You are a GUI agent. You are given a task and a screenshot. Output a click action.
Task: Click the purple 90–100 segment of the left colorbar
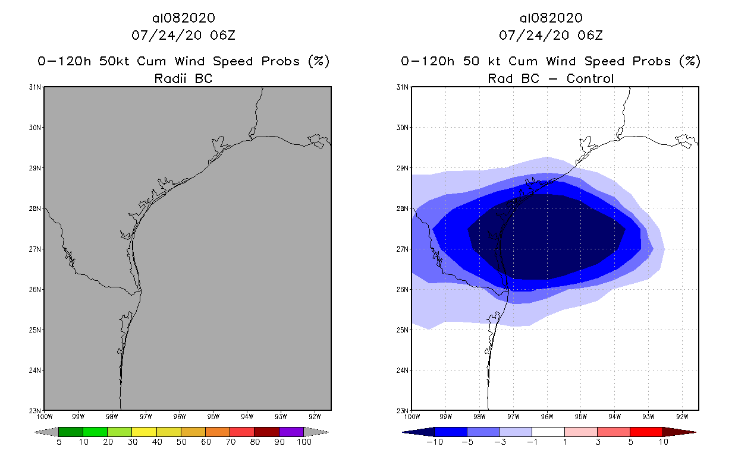(291, 432)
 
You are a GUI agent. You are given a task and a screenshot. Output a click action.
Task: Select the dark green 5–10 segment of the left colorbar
(71, 432)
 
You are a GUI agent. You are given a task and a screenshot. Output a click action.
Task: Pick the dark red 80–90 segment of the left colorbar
(267, 432)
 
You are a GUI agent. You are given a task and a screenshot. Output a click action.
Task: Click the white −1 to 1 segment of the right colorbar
(548, 432)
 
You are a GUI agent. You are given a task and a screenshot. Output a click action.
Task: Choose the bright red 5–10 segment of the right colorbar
(646, 432)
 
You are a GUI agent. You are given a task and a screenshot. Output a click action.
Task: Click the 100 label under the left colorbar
(304, 442)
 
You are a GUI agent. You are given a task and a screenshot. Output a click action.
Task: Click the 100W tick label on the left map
(45, 416)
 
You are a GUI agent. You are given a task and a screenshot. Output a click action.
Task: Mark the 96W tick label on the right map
(548, 416)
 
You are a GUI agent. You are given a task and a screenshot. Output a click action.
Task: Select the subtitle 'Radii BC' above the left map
(183, 78)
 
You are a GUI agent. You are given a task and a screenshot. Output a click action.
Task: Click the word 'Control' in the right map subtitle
(590, 78)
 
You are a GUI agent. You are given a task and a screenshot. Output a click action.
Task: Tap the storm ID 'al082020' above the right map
(551, 18)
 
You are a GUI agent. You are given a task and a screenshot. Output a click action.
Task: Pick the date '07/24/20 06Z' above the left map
(183, 35)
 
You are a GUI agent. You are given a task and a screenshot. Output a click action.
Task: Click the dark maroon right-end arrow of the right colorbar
(679, 432)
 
